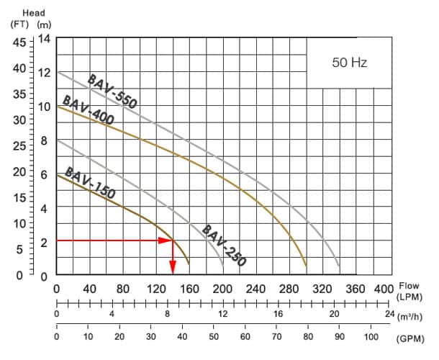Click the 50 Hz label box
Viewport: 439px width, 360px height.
349,63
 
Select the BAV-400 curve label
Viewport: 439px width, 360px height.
89,110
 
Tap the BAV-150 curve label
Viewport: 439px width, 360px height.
89,183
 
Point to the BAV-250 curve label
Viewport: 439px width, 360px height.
224,246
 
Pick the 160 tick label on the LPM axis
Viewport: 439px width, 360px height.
189,289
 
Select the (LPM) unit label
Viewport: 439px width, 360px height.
411,297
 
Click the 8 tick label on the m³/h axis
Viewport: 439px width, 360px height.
168,314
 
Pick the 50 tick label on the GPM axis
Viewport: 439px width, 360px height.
214,337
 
